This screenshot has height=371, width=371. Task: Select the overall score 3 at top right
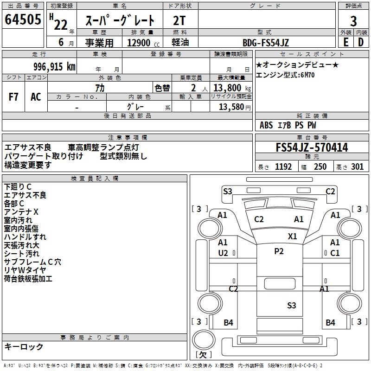(x=353, y=21)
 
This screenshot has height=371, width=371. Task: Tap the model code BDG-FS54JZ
(x=266, y=43)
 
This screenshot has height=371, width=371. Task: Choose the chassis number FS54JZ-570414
(x=312, y=148)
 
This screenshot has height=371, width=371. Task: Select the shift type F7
(x=14, y=97)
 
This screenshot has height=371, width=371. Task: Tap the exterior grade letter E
(x=345, y=42)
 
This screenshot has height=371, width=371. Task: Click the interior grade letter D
(x=361, y=42)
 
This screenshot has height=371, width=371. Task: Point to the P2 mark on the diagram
(x=278, y=251)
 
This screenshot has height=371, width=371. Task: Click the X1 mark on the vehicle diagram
(x=292, y=236)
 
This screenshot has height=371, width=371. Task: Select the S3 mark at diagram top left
(x=227, y=191)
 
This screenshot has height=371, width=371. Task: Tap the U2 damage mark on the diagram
(x=223, y=253)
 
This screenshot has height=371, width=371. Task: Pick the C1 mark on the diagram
(x=334, y=253)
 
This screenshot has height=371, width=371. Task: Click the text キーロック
(x=24, y=347)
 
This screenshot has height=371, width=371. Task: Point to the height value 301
(x=357, y=167)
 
